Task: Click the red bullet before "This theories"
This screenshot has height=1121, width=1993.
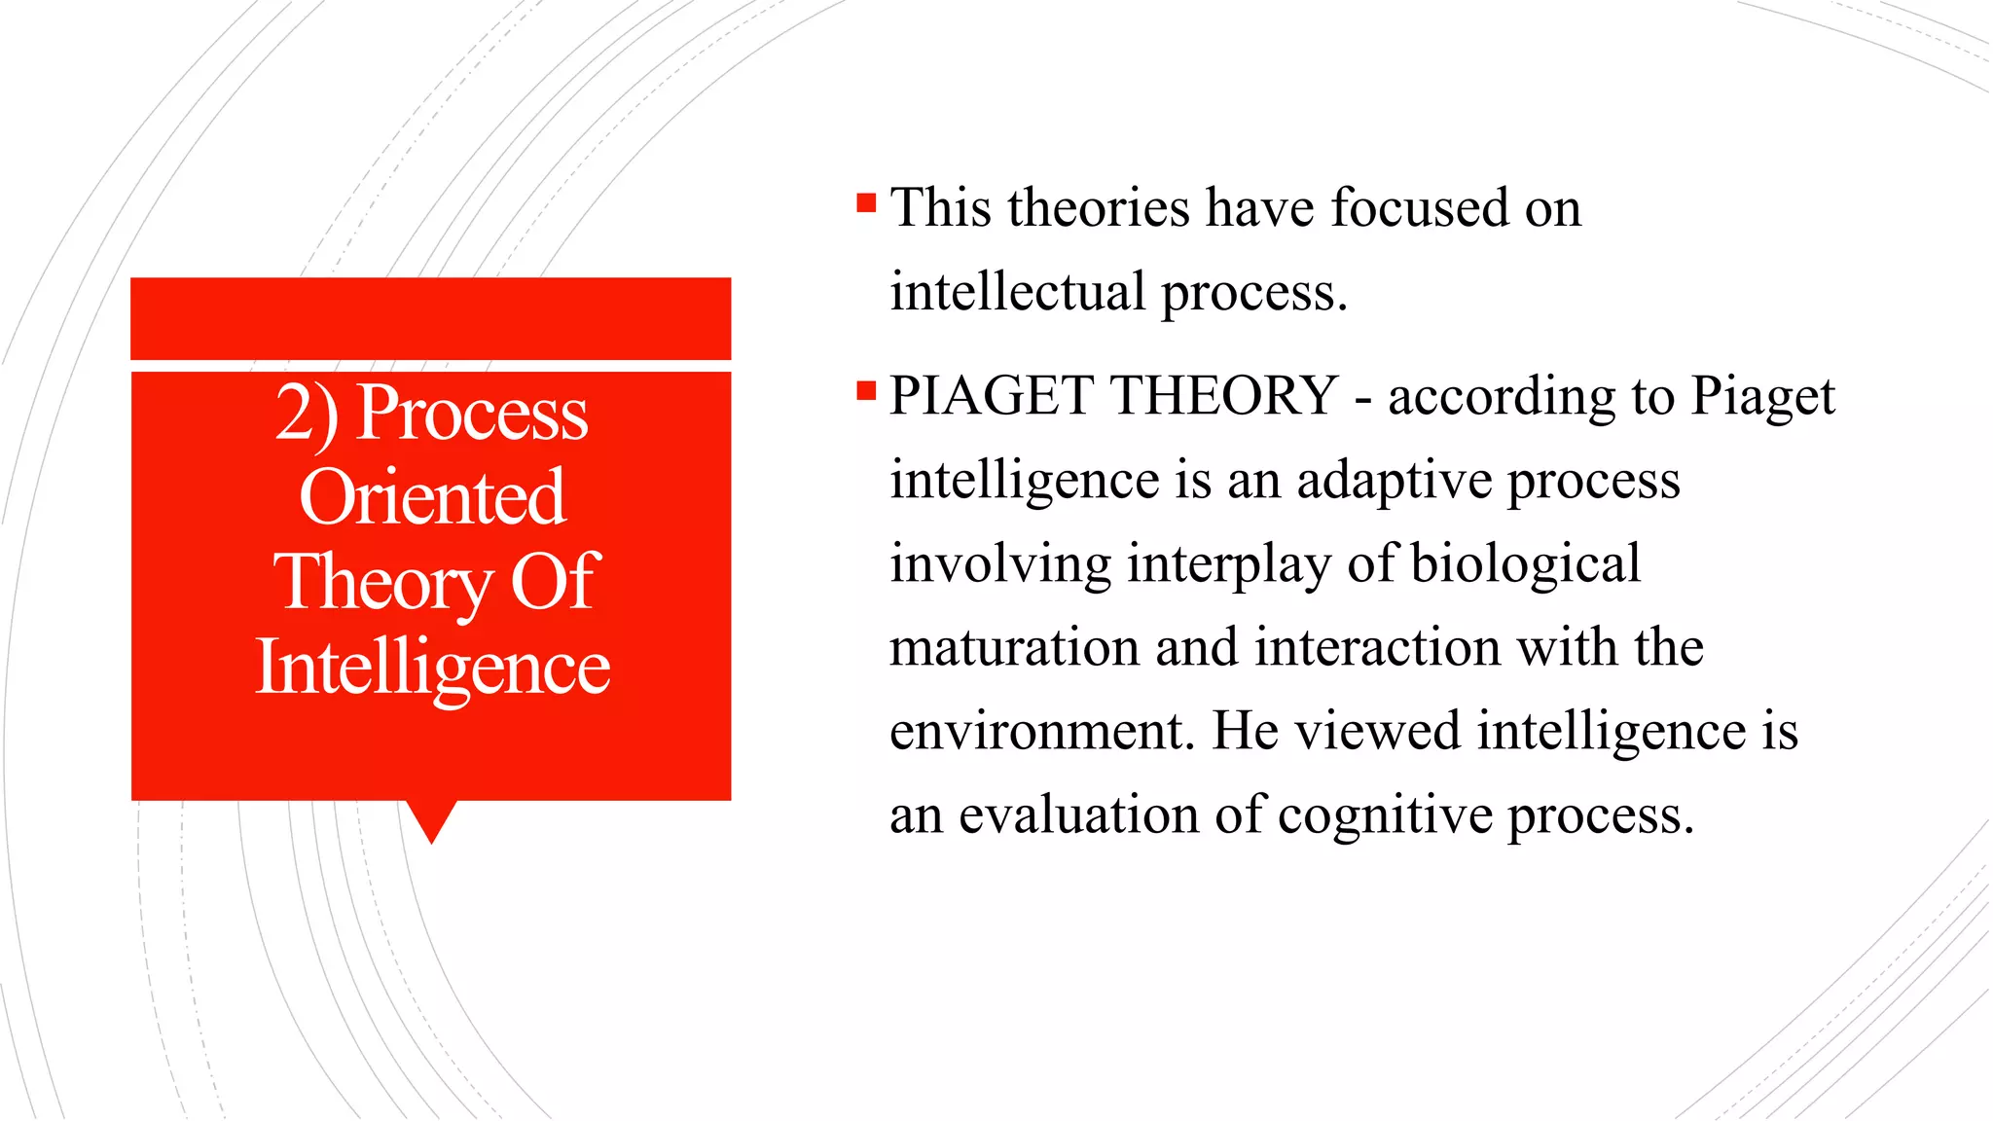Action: click(x=866, y=202)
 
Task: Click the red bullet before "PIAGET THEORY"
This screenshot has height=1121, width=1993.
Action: click(x=866, y=391)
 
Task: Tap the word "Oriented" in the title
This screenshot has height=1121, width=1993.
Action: click(x=432, y=498)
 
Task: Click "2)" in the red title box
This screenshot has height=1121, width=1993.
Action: click(x=308, y=414)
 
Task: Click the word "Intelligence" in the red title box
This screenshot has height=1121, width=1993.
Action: click(x=432, y=669)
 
